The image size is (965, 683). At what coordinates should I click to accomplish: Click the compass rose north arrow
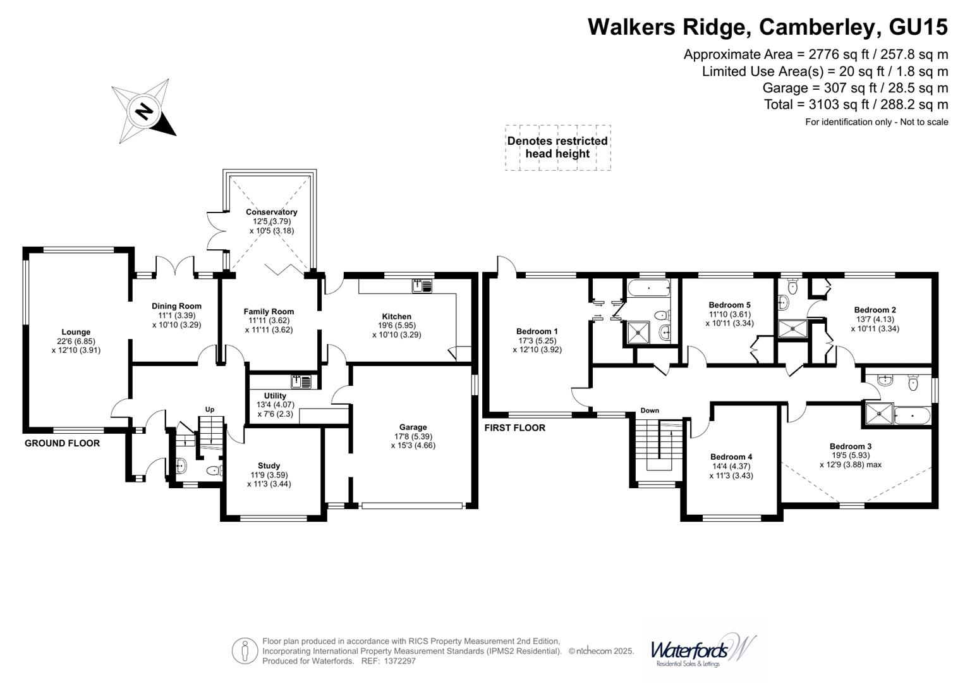pyautogui.click(x=145, y=111)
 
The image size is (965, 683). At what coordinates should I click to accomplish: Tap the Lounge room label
pyautogui.click(x=76, y=332)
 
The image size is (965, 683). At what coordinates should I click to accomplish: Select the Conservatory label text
pyautogui.click(x=271, y=212)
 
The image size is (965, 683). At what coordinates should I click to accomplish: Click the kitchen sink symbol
pyautogui.click(x=422, y=286)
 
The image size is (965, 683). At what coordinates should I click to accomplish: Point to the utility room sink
pyautogui.click(x=301, y=381)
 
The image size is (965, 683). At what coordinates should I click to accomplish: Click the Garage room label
pyautogui.click(x=413, y=427)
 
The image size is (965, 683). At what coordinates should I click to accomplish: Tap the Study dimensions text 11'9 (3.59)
pyautogui.click(x=269, y=475)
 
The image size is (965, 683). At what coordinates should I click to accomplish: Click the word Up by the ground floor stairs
pyautogui.click(x=210, y=409)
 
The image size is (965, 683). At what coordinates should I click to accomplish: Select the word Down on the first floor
pyautogui.click(x=650, y=410)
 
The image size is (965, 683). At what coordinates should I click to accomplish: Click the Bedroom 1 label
pyautogui.click(x=537, y=331)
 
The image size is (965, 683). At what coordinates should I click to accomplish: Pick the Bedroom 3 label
pyautogui.click(x=850, y=446)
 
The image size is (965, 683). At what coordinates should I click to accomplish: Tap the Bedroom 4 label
pyautogui.click(x=731, y=457)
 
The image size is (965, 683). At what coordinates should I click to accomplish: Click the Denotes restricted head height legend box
pyautogui.click(x=557, y=147)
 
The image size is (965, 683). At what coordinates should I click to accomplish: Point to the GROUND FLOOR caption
pyautogui.click(x=62, y=443)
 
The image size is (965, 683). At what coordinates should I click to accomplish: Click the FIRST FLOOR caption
pyautogui.click(x=514, y=428)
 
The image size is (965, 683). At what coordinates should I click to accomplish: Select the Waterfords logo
pyautogui.click(x=701, y=650)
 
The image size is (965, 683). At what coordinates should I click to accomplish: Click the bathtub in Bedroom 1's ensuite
pyautogui.click(x=648, y=289)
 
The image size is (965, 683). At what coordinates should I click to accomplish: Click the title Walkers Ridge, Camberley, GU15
pyautogui.click(x=767, y=27)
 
